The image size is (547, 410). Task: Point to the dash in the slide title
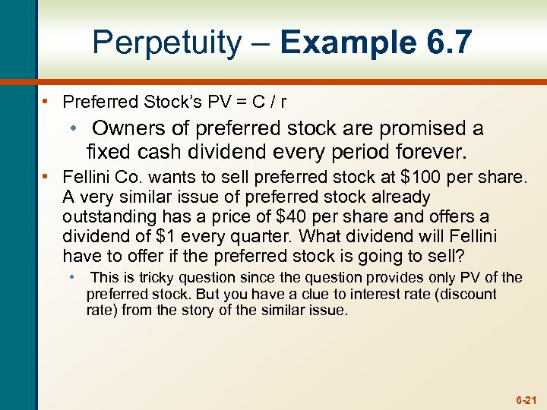(260, 44)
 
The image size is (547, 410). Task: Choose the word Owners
(127, 129)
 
